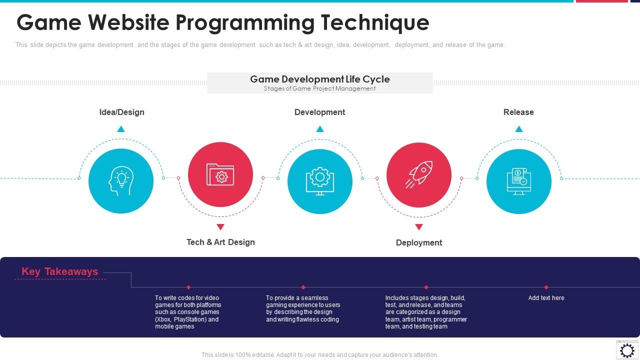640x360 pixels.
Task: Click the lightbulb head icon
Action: [x=120, y=181]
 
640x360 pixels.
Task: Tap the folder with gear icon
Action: [x=220, y=174]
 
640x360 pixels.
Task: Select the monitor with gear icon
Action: [x=320, y=181]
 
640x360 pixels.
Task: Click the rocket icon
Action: [x=419, y=174]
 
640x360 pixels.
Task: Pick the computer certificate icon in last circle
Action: [x=518, y=181]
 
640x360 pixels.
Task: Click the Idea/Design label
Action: [x=121, y=112]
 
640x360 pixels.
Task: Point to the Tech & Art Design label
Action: [x=220, y=242]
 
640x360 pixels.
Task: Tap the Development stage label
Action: [x=319, y=112]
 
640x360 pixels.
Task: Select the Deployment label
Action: [x=419, y=242]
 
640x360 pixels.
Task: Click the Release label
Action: [x=518, y=112]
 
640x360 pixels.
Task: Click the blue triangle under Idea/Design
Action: [x=121, y=129]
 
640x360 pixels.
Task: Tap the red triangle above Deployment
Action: [x=419, y=227]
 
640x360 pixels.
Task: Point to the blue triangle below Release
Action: [x=519, y=129]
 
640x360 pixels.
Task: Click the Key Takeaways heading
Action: [x=60, y=271]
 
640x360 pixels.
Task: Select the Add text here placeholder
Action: [x=546, y=298]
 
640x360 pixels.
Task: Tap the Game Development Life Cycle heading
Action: [x=319, y=79]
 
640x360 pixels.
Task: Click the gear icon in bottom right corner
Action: [x=627, y=349]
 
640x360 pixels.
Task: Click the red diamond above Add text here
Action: [x=546, y=287]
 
